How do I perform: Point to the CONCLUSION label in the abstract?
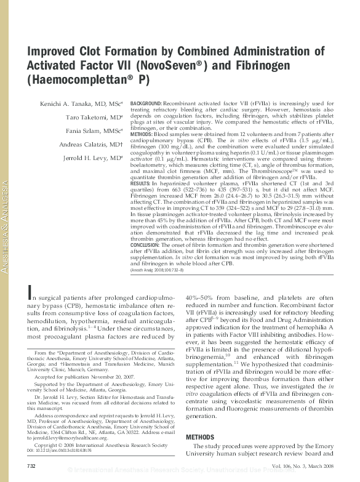click(x=148, y=245)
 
